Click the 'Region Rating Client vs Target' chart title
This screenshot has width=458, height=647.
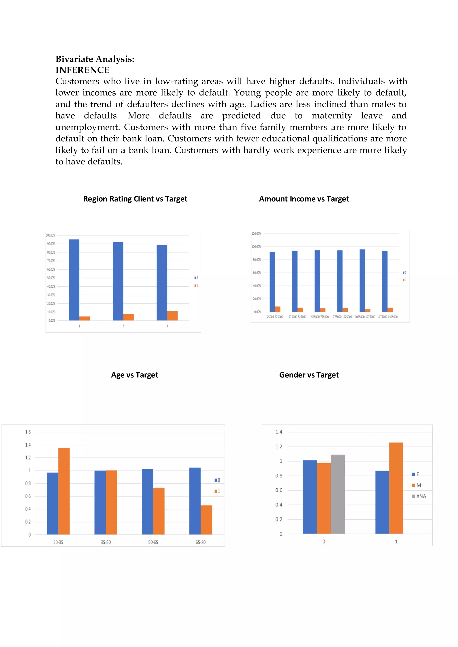pyautogui.click(x=135, y=199)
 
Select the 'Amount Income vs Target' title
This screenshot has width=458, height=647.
pyautogui.click(x=304, y=199)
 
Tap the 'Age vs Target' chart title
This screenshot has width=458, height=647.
pyautogui.click(x=135, y=375)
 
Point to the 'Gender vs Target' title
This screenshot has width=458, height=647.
pyautogui.click(x=309, y=375)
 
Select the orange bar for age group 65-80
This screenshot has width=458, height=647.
pyautogui.click(x=206, y=520)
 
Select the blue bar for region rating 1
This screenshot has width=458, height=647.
pyautogui.click(x=74, y=280)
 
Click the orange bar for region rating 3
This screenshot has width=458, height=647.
pyautogui.click(x=172, y=316)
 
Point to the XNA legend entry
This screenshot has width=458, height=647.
pyautogui.click(x=419, y=496)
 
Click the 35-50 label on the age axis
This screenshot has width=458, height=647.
pyautogui.click(x=106, y=542)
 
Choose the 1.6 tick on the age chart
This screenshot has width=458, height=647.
pyautogui.click(x=28, y=432)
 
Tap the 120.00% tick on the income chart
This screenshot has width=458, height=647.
pyautogui.click(x=256, y=234)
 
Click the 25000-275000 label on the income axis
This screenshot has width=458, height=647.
pyautogui.click(x=275, y=317)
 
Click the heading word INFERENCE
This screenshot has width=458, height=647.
pyautogui.click(x=82, y=70)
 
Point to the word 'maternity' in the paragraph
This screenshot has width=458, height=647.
pyautogui.click(x=332, y=116)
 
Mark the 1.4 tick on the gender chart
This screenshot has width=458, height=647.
pyautogui.click(x=279, y=432)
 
